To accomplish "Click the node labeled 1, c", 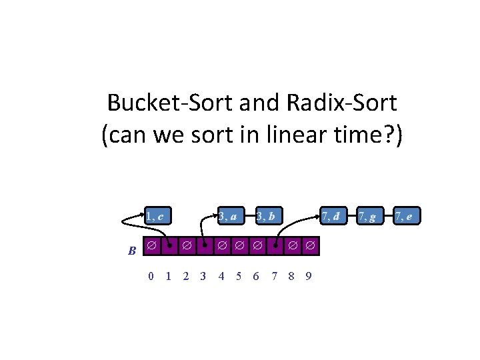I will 157,216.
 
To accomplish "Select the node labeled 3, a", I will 228,216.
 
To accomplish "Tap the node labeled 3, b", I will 267,216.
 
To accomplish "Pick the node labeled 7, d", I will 331,216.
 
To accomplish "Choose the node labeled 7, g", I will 366,216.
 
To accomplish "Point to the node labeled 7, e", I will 403,216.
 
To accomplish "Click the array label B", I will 132,251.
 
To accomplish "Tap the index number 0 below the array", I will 151,276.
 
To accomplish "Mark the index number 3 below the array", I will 203,276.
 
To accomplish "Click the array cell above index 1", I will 169,246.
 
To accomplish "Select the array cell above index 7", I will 275,246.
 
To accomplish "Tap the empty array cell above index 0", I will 152,246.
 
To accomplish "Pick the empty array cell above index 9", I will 309,246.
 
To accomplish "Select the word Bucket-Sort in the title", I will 160,103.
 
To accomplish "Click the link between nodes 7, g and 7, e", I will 385,216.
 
